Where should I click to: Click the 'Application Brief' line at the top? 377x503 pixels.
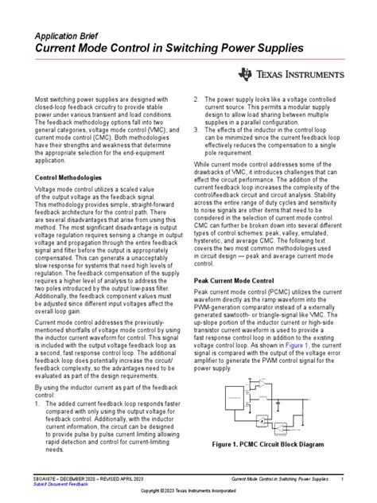68,36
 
